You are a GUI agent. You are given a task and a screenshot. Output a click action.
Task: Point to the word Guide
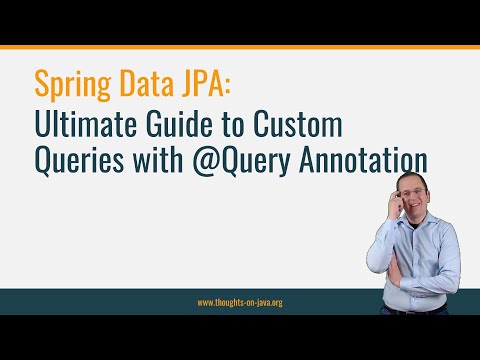(160, 126)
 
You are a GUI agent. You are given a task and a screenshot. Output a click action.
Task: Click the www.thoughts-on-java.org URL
(240, 302)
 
